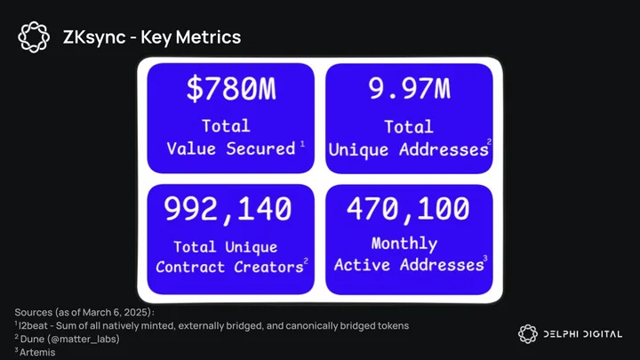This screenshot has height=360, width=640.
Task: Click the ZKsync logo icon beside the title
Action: click(x=34, y=37)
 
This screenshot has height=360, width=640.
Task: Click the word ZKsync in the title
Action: click(x=94, y=37)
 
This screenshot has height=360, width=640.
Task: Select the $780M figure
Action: click(x=231, y=89)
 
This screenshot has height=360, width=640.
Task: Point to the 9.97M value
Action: click(x=410, y=89)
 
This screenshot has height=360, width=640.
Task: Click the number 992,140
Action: click(x=228, y=209)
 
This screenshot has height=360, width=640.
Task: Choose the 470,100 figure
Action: click(x=408, y=209)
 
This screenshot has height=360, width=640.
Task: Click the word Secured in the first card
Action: click(x=260, y=148)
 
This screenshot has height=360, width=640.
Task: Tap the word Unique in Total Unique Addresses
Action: click(x=358, y=150)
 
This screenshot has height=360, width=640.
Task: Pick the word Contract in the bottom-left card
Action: click(x=190, y=267)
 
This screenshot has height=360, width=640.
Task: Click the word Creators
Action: click(x=268, y=267)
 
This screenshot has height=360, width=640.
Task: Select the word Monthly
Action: click(x=404, y=244)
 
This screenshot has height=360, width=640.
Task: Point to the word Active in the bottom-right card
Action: click(x=362, y=265)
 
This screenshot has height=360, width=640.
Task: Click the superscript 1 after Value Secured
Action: click(x=302, y=144)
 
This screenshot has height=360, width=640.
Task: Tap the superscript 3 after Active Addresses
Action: click(x=485, y=259)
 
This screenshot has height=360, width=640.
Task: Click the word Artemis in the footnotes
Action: click(x=37, y=352)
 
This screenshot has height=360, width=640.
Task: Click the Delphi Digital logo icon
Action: click(x=528, y=334)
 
